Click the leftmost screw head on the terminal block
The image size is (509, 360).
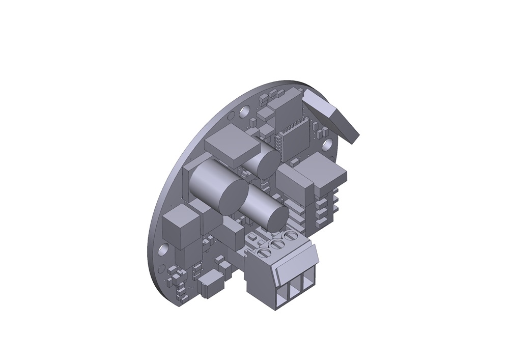click(x=264, y=253)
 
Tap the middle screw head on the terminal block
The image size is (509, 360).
click(x=277, y=245)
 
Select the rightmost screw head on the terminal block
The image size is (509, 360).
click(x=291, y=237)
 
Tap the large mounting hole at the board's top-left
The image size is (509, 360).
click(x=245, y=110)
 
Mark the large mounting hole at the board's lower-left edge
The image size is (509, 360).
click(x=163, y=250)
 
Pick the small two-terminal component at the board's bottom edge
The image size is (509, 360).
click(x=210, y=287)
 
